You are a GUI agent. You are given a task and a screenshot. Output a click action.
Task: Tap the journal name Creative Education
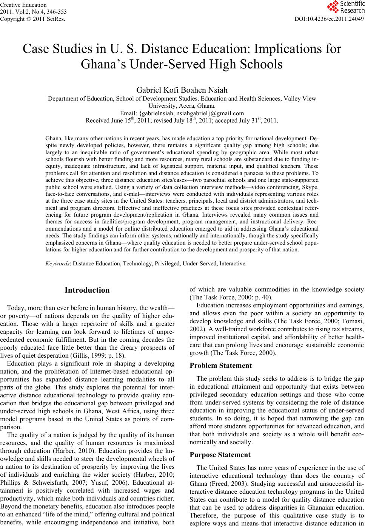(23, 5)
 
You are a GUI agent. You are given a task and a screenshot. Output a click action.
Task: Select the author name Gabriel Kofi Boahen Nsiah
(182, 90)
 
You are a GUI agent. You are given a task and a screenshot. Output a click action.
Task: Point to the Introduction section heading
(87, 290)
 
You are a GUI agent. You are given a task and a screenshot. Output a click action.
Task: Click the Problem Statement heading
(220, 366)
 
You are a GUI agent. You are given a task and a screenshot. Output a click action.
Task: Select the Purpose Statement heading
(220, 455)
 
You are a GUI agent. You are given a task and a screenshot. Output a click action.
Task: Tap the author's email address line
(182, 113)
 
